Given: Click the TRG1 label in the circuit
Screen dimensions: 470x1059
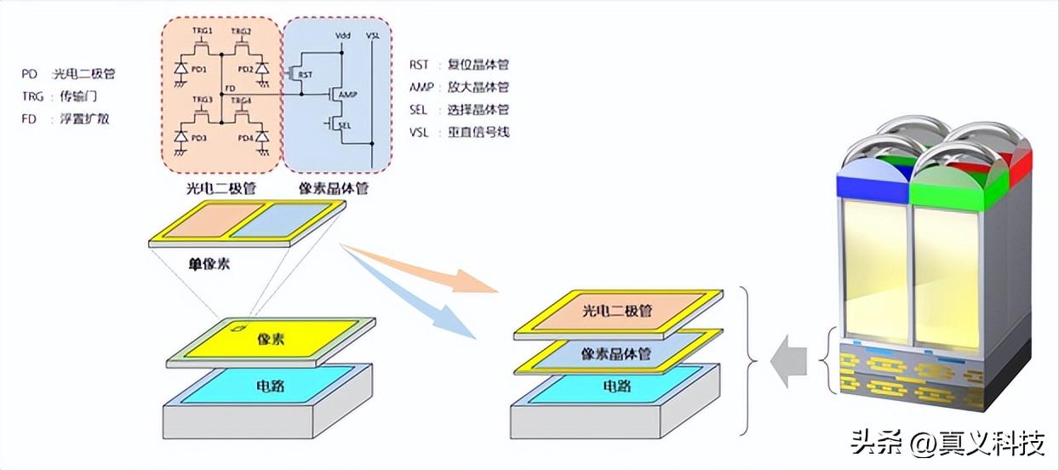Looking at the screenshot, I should click(202, 29).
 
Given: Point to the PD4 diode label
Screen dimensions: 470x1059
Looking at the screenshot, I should click(245, 138).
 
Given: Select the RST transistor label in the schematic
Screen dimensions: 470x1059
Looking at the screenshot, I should click(306, 75).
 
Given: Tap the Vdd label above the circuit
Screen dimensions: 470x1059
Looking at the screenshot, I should click(344, 35).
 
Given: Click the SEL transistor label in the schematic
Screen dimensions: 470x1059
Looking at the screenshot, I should click(344, 125).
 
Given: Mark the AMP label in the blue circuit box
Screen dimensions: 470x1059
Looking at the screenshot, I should click(346, 95).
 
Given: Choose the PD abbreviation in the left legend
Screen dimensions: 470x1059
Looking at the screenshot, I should click(30, 74).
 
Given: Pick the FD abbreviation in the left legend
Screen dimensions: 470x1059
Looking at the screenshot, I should click(30, 118).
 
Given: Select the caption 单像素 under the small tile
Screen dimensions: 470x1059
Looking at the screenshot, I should click(209, 264).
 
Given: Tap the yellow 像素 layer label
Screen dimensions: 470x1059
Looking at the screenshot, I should click(270, 339).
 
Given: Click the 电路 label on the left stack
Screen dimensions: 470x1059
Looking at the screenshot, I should click(270, 387).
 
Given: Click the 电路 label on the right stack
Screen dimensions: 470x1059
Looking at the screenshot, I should click(618, 387).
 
